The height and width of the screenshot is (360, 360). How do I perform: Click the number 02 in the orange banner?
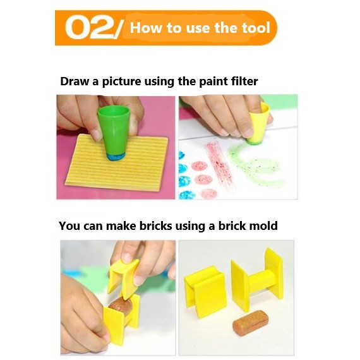91,28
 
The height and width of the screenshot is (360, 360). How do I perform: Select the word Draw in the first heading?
75,81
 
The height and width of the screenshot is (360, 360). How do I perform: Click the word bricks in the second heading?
155,225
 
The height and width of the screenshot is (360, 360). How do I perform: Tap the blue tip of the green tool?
115,157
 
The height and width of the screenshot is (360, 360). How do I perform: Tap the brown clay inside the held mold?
120,305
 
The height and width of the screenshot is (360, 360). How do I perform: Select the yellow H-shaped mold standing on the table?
257,281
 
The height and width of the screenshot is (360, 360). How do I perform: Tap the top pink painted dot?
199,165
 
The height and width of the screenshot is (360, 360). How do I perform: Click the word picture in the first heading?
121,81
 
